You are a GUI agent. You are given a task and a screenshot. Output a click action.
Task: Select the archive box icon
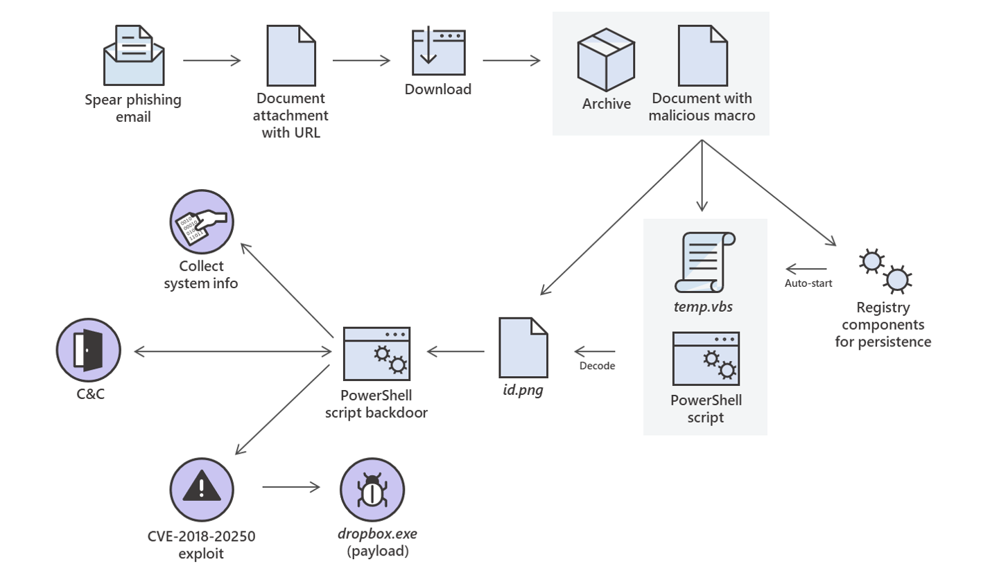[606, 60]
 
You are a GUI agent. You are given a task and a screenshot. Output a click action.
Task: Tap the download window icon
[438, 52]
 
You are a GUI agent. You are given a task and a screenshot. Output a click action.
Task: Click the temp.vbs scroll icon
[704, 262]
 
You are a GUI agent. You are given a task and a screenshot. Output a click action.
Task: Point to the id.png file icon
[523, 348]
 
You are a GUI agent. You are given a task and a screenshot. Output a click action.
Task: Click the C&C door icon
[89, 351]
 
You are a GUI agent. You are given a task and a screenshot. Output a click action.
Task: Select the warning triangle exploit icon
[201, 490]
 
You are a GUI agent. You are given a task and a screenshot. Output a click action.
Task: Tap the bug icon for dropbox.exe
[372, 490]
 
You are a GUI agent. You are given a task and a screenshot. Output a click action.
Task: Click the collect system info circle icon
[202, 222]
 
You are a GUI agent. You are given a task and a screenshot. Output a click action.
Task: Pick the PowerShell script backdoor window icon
[376, 354]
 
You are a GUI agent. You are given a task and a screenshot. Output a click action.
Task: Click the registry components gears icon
[885, 271]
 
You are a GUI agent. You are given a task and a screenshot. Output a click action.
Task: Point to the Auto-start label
[808, 283]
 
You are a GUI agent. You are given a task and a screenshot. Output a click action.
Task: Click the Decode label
[597, 366]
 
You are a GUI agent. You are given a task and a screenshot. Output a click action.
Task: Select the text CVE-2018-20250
[201, 536]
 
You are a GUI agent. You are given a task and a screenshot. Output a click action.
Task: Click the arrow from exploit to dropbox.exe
[291, 488]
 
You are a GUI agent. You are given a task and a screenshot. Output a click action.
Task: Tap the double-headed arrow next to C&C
[232, 352]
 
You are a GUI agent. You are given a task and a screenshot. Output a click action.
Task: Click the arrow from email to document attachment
[212, 61]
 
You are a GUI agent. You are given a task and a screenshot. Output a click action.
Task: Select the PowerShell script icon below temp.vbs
[706, 358]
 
